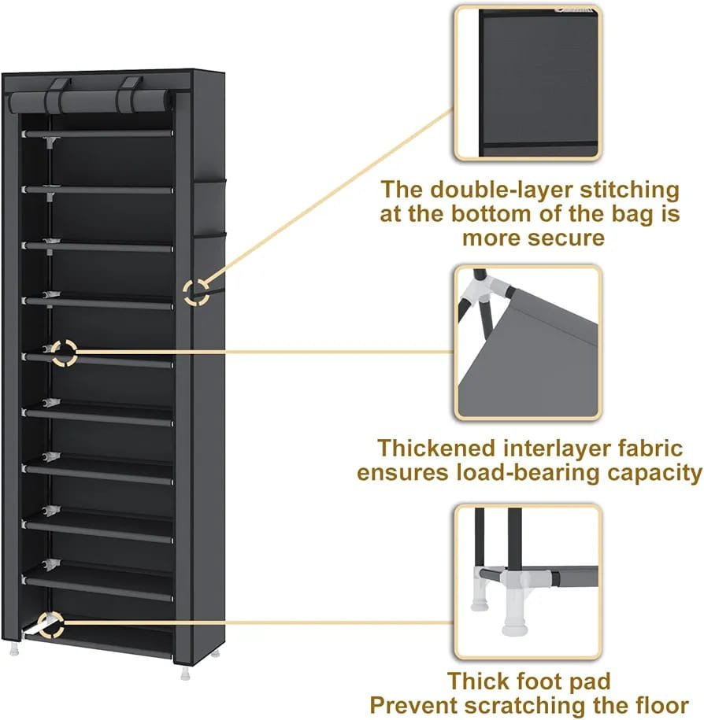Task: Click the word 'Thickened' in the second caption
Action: pos(435,449)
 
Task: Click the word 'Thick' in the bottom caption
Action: pos(477,681)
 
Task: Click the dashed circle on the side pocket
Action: pos(196,293)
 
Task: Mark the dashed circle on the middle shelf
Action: pos(64,353)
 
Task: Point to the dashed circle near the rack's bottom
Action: pos(50,625)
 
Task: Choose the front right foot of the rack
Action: pos(185,672)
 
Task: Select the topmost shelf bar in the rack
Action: pos(98,133)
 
